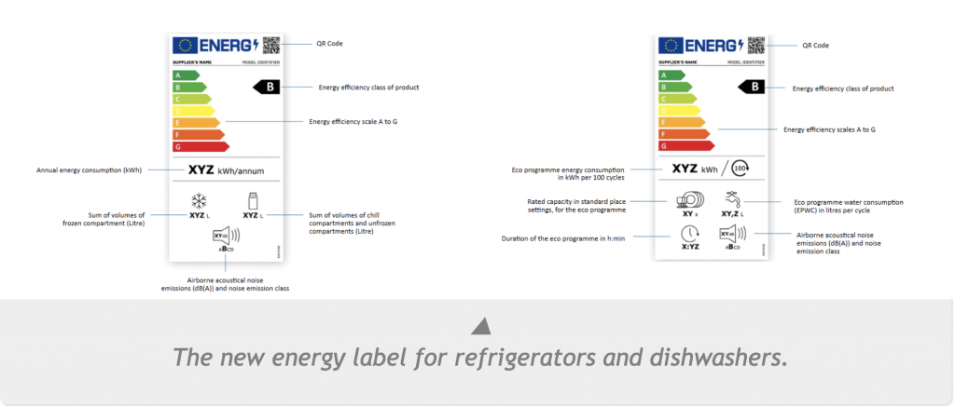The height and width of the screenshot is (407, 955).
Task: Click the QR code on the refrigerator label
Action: [x=271, y=45]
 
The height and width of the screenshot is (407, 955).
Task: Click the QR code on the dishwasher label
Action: [x=755, y=45]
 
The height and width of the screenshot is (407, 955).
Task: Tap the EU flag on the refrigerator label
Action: [x=183, y=45]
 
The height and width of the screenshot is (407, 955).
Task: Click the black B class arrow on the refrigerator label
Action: [x=267, y=87]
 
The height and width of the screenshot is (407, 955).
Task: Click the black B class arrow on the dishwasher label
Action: [x=751, y=87]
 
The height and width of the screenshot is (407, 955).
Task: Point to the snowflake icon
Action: [x=198, y=200]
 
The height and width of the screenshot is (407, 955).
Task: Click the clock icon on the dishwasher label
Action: [x=690, y=234]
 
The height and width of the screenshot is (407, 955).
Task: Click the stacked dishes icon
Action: [x=690, y=199]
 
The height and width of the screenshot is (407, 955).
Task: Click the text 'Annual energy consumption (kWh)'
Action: [x=90, y=170]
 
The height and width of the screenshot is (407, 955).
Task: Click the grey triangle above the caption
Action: [x=479, y=326]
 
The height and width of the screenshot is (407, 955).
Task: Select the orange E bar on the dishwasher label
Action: [x=681, y=122]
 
